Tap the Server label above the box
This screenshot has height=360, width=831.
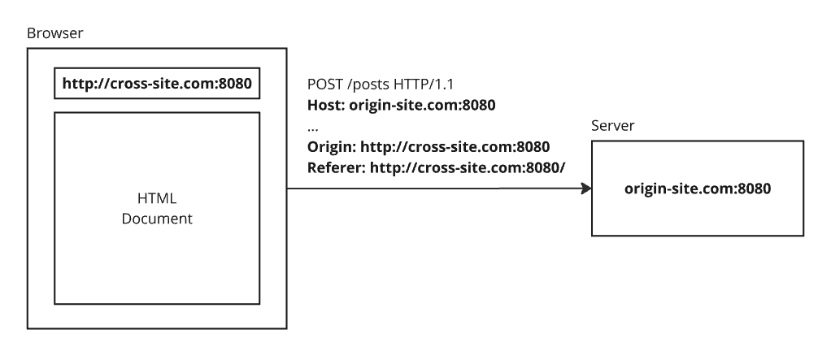point(613,128)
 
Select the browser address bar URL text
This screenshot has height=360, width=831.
point(157,84)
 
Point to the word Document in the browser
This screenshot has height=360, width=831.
point(157,219)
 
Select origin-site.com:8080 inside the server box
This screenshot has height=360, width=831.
point(697,189)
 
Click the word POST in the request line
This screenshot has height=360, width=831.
point(325,85)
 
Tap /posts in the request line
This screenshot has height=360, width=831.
point(368,85)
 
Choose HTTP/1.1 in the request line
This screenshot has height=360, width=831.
point(429,85)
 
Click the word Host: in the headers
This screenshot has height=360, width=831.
point(324,106)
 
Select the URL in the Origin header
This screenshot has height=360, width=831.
point(455,147)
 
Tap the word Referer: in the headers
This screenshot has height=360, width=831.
point(336,168)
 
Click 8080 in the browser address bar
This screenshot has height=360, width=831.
point(240,84)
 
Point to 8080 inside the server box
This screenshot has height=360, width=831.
point(752,189)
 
